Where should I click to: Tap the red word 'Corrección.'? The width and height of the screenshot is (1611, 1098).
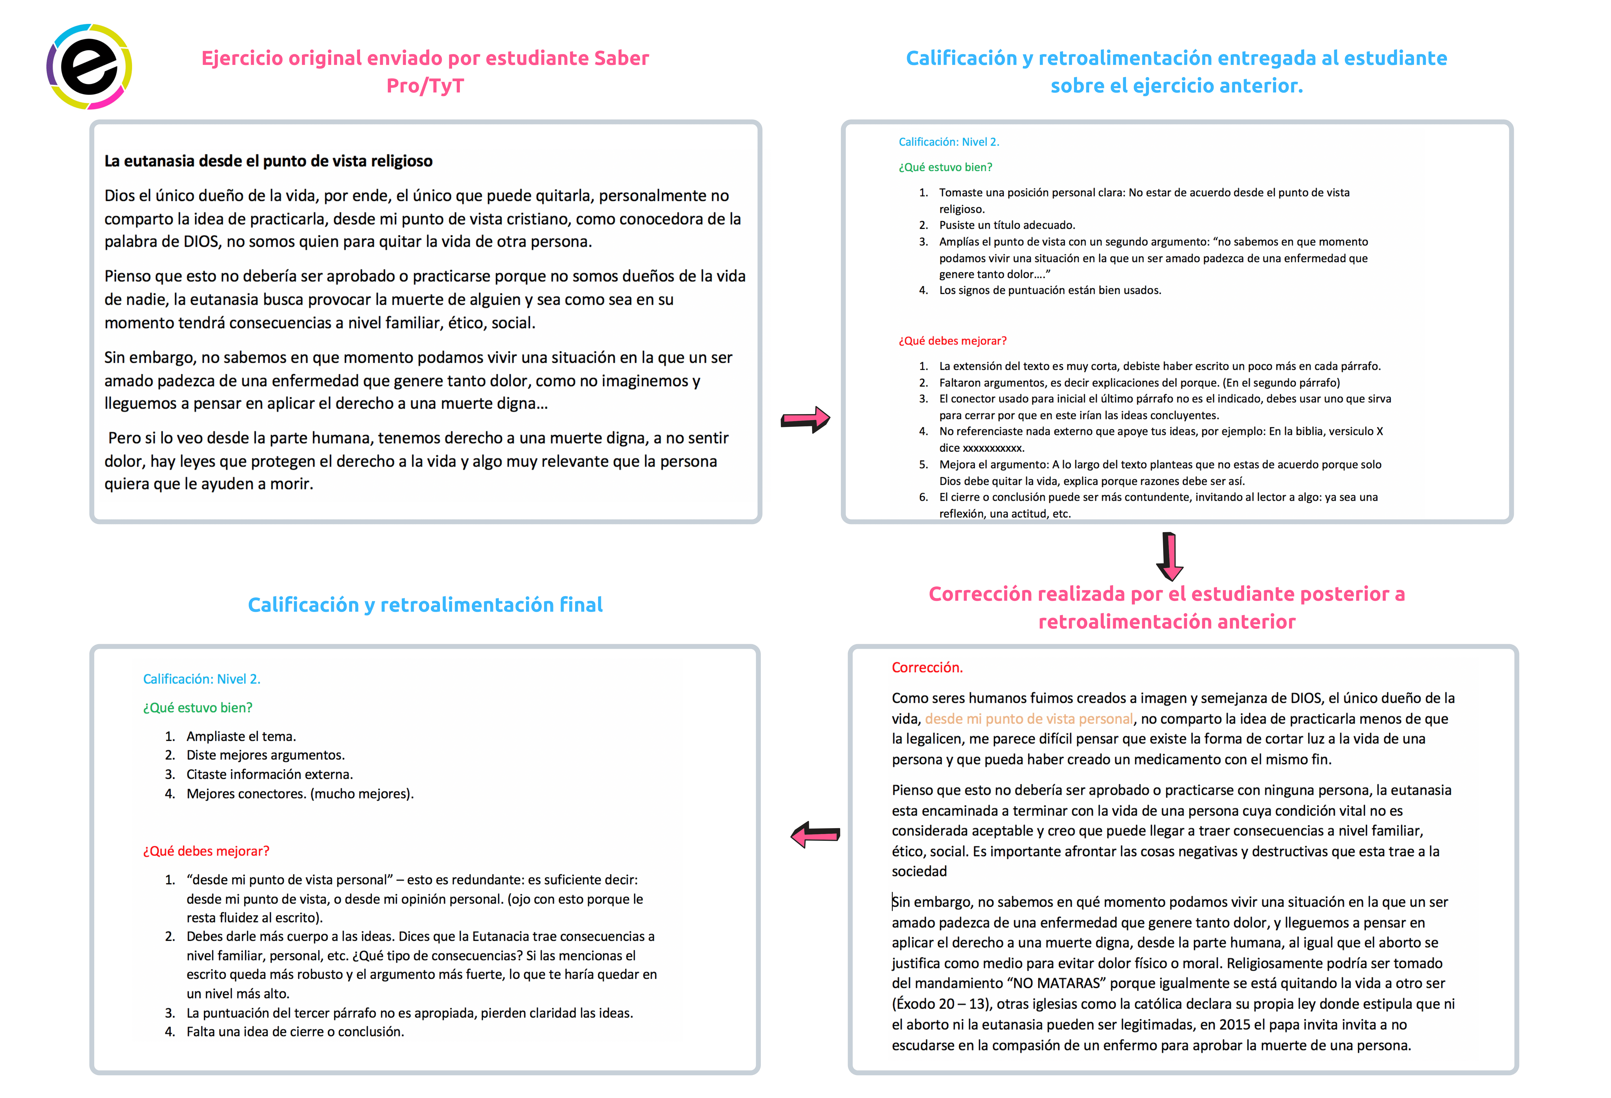(927, 667)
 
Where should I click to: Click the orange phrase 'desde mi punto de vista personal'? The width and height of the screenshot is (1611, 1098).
(1029, 718)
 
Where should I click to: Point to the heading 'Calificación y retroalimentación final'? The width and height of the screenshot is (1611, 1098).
(425, 605)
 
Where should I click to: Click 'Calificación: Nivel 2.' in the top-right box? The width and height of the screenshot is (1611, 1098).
(948, 142)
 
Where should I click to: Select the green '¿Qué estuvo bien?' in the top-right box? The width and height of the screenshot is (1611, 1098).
(945, 167)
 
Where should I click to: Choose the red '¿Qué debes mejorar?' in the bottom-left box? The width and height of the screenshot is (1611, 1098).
(206, 851)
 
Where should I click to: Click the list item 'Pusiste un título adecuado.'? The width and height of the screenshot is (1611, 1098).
(1007, 225)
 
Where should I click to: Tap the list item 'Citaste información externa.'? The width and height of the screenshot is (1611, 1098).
(270, 774)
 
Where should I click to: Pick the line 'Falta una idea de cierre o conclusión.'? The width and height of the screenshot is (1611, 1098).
(295, 1031)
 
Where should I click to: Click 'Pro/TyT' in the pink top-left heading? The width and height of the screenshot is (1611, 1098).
(425, 86)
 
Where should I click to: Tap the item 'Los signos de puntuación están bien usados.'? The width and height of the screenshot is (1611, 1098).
(1050, 290)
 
